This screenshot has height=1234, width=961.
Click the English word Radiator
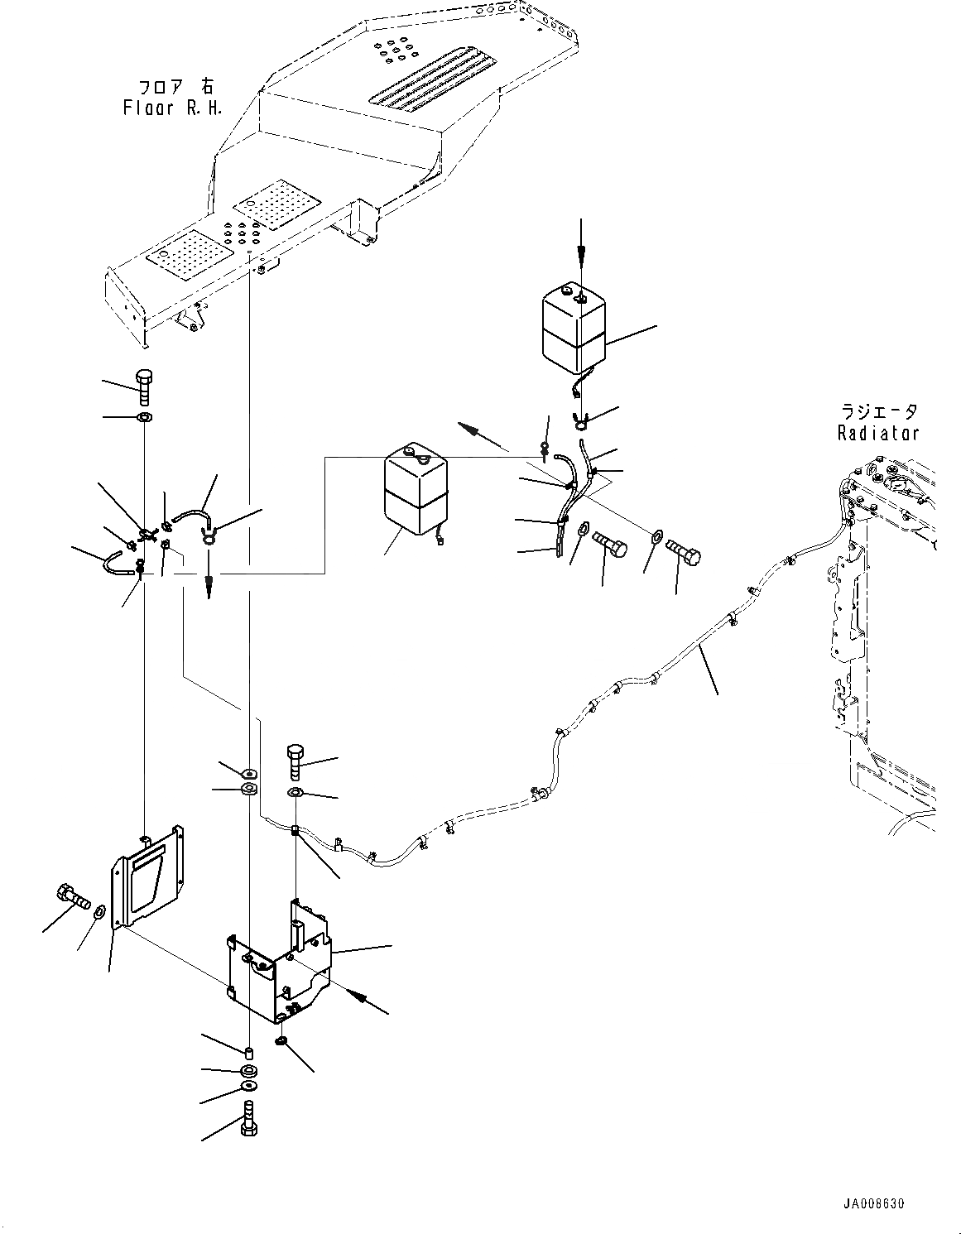click(877, 433)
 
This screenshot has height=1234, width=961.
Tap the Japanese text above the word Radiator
click(877, 412)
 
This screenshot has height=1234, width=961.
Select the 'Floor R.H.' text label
click(172, 108)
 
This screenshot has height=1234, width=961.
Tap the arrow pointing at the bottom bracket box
click(364, 1001)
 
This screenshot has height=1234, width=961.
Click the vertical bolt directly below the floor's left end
click(143, 387)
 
